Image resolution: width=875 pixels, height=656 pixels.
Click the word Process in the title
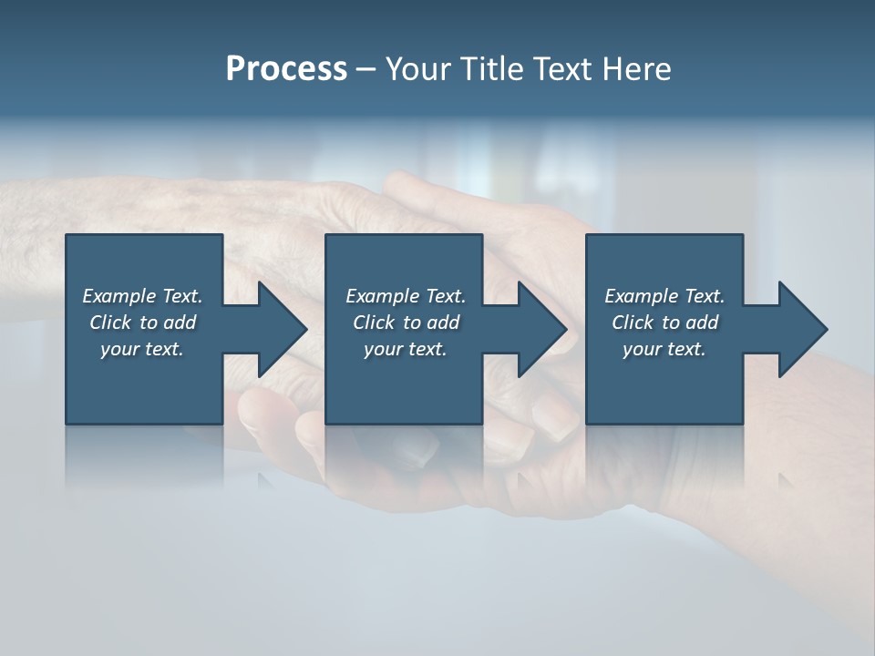coord(286,69)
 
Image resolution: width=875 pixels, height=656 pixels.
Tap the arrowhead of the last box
coord(801,329)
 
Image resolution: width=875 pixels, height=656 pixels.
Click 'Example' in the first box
coord(119,296)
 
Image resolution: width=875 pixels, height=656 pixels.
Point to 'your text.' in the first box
coord(142,349)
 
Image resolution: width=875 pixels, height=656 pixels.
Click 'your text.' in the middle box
coord(406,349)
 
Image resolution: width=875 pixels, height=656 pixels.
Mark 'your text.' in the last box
coord(664,349)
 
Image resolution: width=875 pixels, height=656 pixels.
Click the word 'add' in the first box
coord(180,323)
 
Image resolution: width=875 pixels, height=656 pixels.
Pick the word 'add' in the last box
coord(702,323)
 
